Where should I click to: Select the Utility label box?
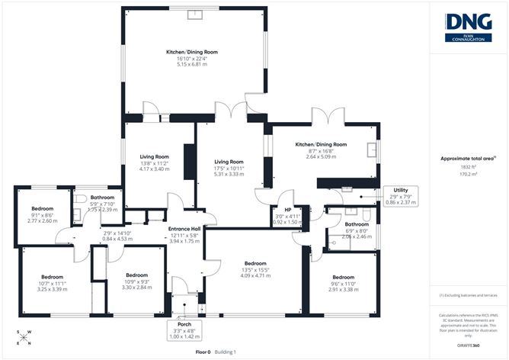click(x=396, y=196)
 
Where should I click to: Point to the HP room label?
click(x=287, y=211)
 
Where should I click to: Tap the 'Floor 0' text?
click(x=203, y=352)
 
